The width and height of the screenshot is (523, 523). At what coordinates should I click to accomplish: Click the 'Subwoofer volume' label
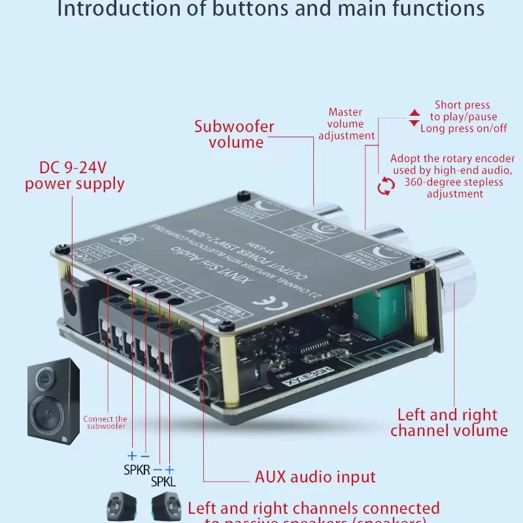pyautogui.click(x=234, y=134)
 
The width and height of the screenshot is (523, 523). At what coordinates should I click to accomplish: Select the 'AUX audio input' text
pyautogui.click(x=315, y=477)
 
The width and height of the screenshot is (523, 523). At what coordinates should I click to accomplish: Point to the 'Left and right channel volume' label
pyautogui.click(x=448, y=422)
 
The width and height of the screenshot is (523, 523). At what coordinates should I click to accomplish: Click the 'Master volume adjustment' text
pyautogui.click(x=346, y=124)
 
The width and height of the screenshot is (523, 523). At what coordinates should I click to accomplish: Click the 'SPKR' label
pyautogui.click(x=137, y=469)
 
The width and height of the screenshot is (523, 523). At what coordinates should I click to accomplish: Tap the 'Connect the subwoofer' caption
pyautogui.click(x=105, y=422)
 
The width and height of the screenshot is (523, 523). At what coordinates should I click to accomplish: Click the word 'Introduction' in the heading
pyautogui.click(x=114, y=9)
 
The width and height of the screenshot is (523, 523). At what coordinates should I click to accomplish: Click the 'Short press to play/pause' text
pyautogui.click(x=463, y=110)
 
